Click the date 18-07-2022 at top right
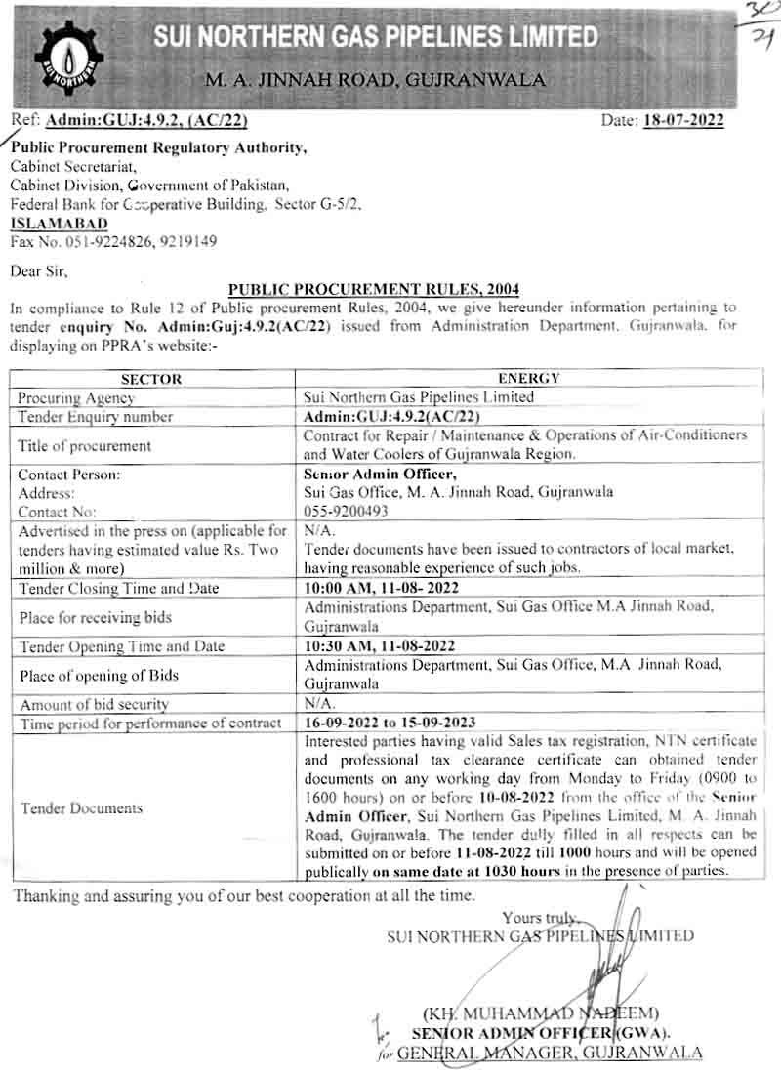(x=682, y=121)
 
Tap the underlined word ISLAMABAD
(x=60, y=224)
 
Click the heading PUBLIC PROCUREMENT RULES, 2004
(x=374, y=289)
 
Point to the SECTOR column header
(x=152, y=379)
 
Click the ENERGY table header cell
(x=528, y=379)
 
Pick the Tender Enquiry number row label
(x=96, y=417)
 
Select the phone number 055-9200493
(x=347, y=511)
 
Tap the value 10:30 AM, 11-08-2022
(x=381, y=646)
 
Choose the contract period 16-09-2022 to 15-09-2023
(x=390, y=724)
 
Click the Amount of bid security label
(x=94, y=704)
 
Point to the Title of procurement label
(x=85, y=445)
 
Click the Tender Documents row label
(x=81, y=807)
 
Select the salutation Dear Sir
(x=40, y=269)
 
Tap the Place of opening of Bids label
(x=99, y=675)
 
